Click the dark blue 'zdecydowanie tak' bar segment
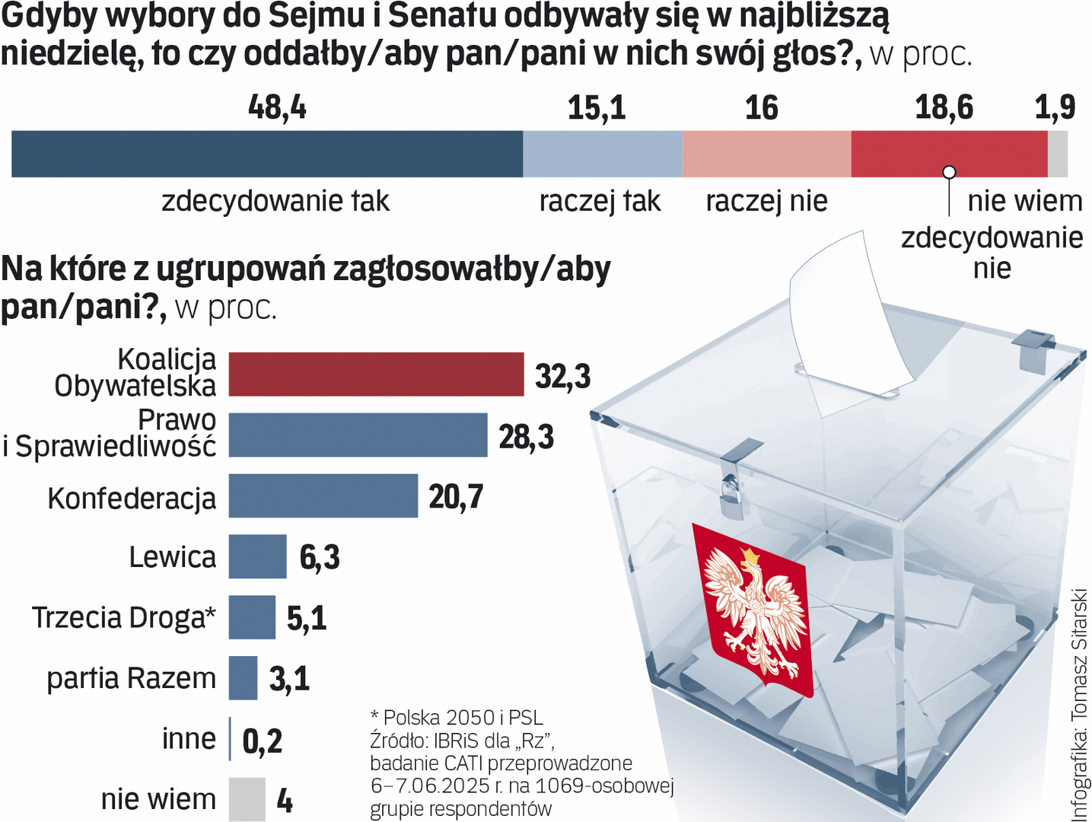(266, 154)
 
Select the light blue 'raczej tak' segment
(602, 154)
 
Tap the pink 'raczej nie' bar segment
(766, 154)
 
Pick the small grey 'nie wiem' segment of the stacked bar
(1058, 154)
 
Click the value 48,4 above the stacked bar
(277, 108)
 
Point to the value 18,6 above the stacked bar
(944, 108)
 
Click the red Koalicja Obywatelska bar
(376, 374)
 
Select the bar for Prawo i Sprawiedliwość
(358, 435)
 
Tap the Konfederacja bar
(323, 496)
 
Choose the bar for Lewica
(257, 557)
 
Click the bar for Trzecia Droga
(252, 617)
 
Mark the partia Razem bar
(243, 678)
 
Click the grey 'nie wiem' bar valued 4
(247, 799)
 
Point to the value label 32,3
(562, 377)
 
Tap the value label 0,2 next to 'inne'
(263, 741)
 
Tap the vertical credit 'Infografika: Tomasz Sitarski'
(1079, 704)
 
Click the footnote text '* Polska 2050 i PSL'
(457, 718)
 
